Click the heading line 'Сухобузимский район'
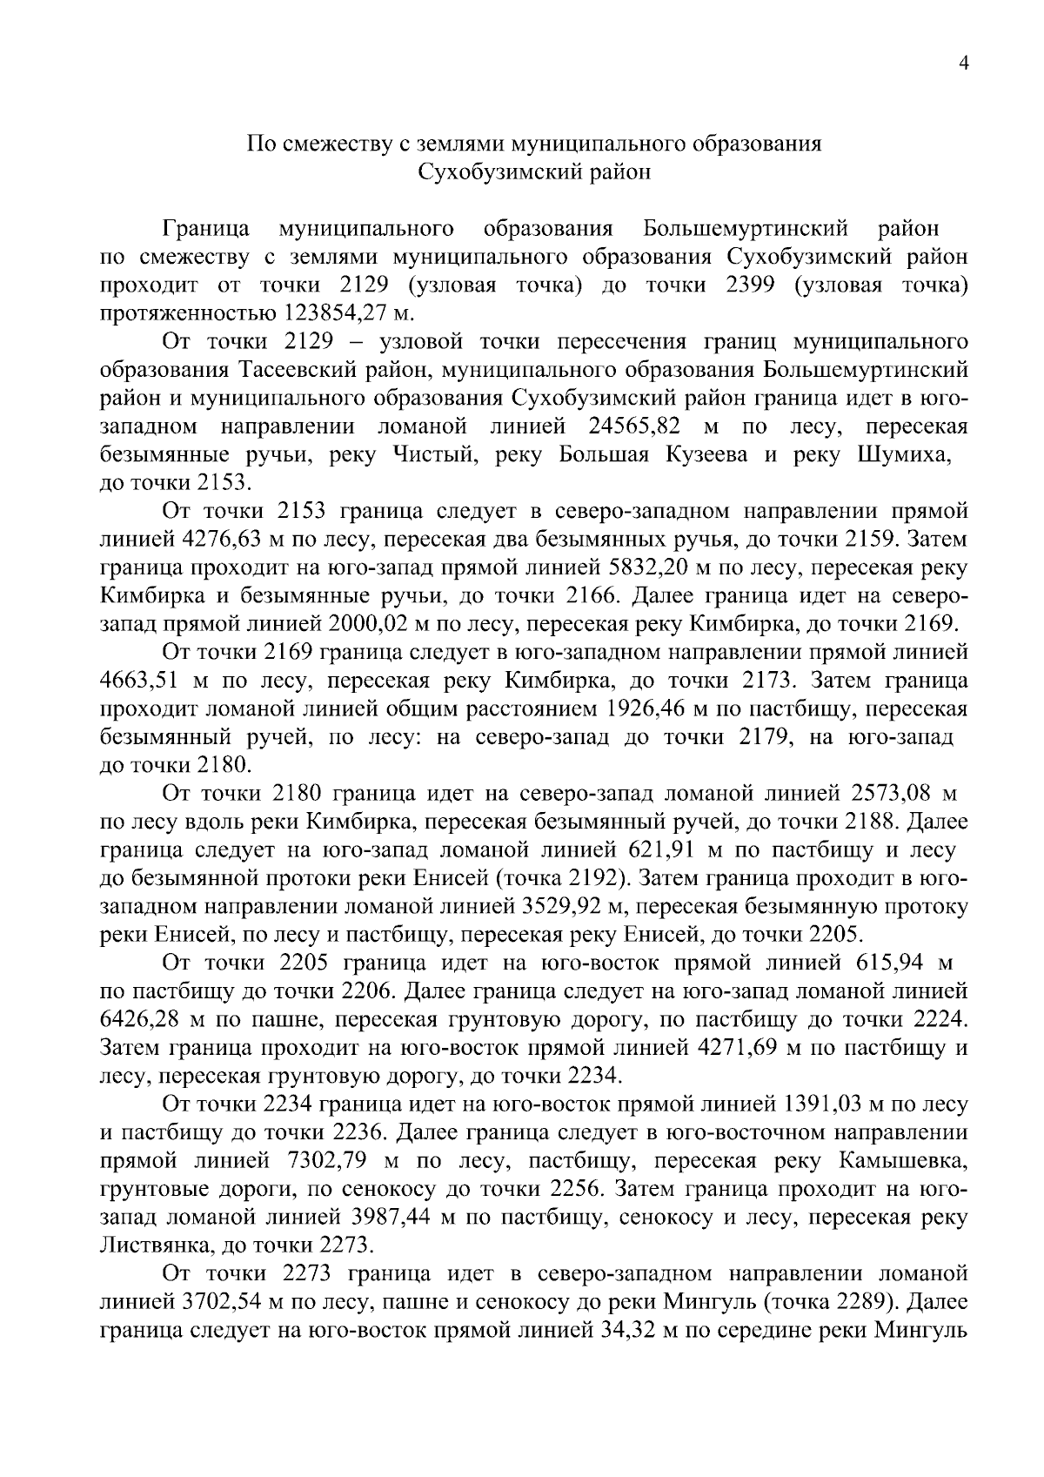534,172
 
